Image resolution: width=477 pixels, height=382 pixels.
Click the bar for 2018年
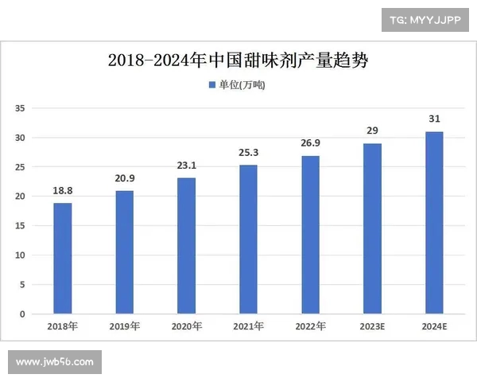point(63,259)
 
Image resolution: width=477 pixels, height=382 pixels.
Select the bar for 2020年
point(186,246)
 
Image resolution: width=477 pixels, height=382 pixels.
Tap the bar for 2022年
point(310,235)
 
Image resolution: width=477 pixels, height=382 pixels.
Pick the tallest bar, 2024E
point(434,223)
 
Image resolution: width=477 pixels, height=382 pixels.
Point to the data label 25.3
point(248,153)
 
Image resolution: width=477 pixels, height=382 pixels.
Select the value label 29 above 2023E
point(372,131)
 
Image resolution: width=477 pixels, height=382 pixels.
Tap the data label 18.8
point(63,192)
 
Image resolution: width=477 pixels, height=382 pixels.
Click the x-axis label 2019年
point(125,326)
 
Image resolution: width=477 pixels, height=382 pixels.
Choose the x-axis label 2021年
point(248,326)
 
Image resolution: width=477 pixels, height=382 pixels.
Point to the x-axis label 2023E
point(372,326)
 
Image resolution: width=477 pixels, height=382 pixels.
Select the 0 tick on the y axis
point(23,314)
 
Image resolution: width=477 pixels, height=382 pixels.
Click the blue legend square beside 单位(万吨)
point(212,84)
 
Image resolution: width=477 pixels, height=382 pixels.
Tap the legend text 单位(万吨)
point(242,84)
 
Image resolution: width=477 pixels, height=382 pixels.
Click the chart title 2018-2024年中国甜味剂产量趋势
point(238,60)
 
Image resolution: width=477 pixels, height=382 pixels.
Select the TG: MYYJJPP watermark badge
point(425,19)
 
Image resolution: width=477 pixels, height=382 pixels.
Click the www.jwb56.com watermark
point(55,362)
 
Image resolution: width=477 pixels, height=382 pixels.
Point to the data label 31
point(434,119)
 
